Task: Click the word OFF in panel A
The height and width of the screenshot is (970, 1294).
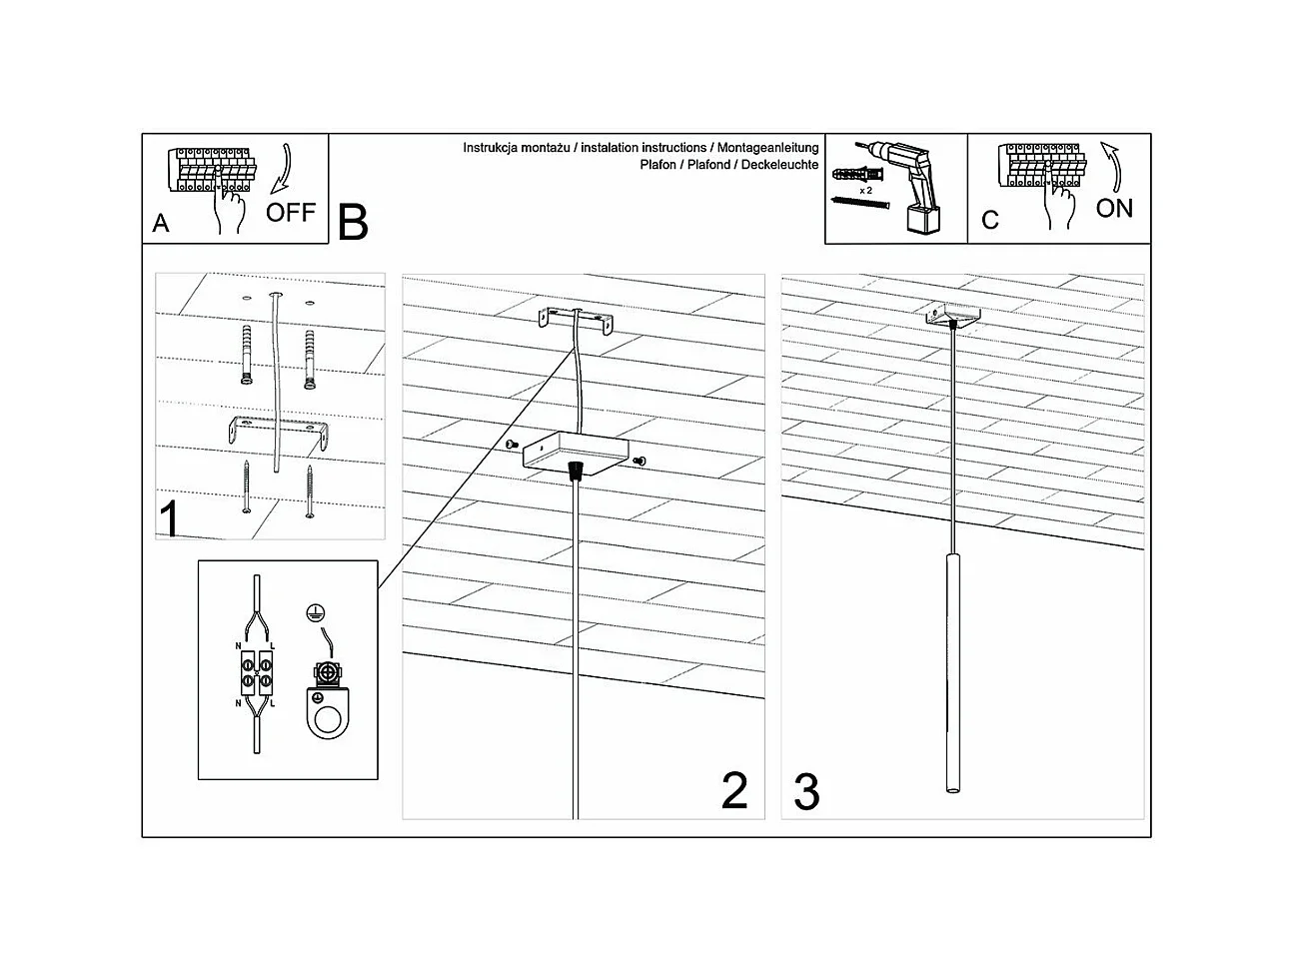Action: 290,212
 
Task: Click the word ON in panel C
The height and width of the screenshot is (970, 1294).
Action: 1114,208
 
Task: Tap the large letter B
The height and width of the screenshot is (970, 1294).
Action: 353,223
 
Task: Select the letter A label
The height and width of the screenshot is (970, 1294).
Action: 161,225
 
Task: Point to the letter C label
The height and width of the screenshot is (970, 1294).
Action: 989,221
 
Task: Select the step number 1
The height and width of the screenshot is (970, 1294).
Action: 171,519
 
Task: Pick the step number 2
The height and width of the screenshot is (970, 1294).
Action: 734,791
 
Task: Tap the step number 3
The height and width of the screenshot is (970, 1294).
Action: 806,791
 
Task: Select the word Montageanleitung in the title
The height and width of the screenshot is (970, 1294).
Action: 770,148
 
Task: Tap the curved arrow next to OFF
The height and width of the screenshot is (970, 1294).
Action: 283,166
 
